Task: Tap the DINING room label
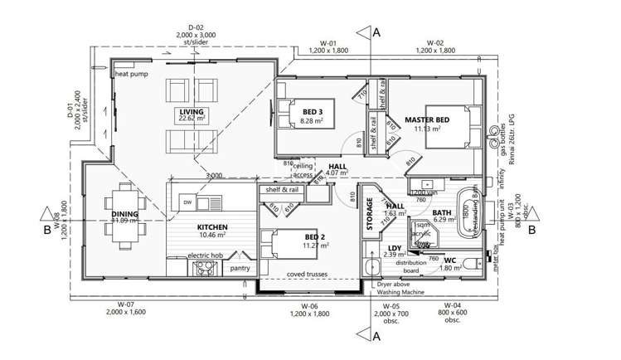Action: click(125, 214)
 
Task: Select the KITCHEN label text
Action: click(211, 226)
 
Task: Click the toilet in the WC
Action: click(470, 265)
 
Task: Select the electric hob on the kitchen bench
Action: click(204, 267)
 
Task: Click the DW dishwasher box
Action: click(188, 202)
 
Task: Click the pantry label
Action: click(240, 268)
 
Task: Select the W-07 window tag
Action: click(126, 305)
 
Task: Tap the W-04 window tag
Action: click(452, 306)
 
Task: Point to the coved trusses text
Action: click(307, 274)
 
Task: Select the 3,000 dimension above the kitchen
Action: click(214, 176)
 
